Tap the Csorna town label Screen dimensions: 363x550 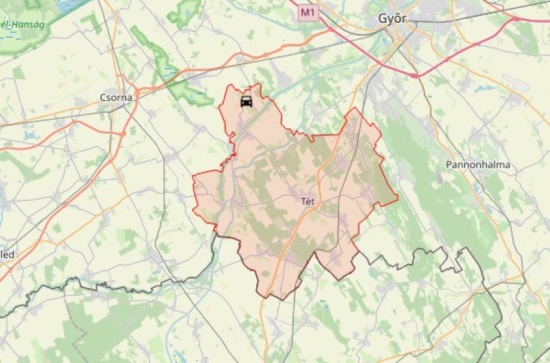point(116,98)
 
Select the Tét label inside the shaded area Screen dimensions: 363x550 point(308,202)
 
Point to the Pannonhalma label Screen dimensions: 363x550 point(478,165)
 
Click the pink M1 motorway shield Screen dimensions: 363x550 point(309,12)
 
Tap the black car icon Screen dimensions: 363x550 point(246,101)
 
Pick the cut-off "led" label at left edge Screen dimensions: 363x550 point(7,254)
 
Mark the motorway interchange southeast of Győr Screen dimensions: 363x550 point(415,75)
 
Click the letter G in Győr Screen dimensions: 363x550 point(382,19)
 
